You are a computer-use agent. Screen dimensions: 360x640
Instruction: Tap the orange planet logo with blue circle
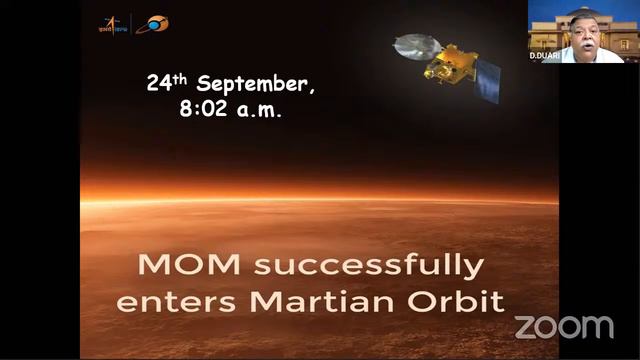[x=152, y=23]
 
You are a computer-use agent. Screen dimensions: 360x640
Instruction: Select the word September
[x=257, y=85]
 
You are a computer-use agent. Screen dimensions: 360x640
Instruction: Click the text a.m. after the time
[x=258, y=110]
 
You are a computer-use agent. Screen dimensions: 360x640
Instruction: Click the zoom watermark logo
[x=564, y=326]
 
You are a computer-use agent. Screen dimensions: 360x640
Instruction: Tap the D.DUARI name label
[x=545, y=56]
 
